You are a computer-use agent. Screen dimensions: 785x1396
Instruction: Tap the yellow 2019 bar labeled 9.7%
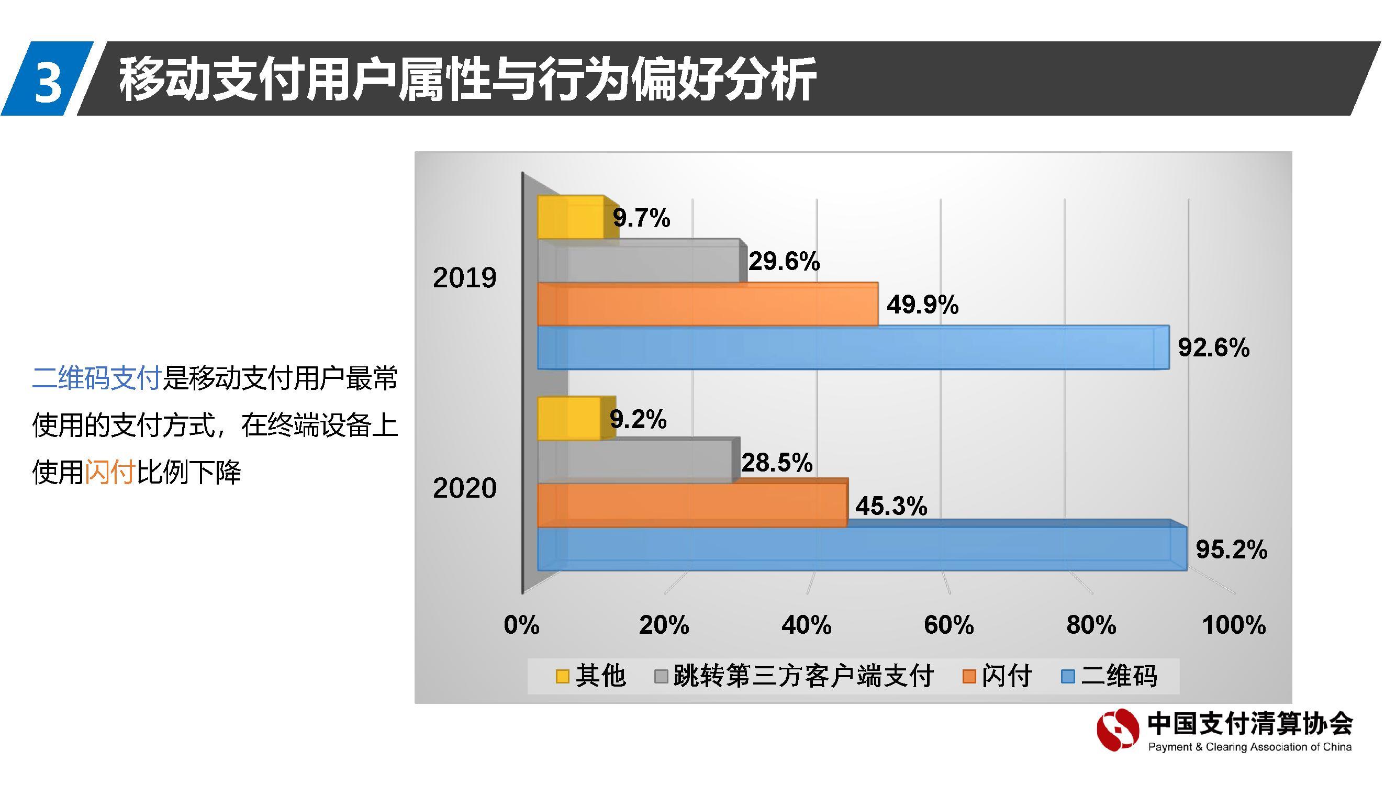(570, 218)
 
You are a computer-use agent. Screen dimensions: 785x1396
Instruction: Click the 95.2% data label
(1231, 549)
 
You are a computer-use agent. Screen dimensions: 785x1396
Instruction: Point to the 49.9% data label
(922, 305)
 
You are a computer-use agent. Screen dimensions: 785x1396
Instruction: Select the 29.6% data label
(784, 262)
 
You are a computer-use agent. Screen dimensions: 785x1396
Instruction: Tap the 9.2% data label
(638, 419)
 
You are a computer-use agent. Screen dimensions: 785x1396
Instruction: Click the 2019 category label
(464, 278)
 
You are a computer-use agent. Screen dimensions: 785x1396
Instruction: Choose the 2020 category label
(464, 488)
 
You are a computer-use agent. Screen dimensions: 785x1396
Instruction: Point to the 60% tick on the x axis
(948, 625)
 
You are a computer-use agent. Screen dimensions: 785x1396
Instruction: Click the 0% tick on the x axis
(521, 625)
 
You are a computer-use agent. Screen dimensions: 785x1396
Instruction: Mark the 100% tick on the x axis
(1233, 625)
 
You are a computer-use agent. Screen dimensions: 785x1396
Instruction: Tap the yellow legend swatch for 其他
(563, 677)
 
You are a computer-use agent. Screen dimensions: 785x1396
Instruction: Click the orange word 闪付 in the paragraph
(109, 472)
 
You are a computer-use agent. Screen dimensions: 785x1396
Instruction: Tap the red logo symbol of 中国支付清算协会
(1117, 730)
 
